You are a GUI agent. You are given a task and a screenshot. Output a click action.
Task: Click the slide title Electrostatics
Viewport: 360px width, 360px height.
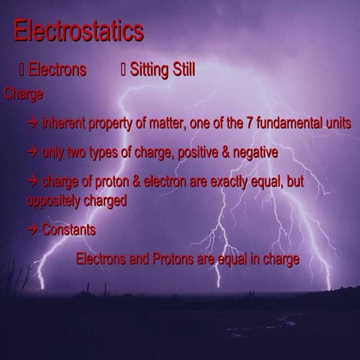(78, 31)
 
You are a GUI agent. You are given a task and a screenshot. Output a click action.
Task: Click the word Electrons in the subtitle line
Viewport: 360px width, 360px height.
(57, 70)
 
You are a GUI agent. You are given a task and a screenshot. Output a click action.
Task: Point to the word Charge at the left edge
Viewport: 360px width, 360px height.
(23, 94)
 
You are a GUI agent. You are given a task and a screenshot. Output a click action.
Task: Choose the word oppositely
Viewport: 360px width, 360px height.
(54, 201)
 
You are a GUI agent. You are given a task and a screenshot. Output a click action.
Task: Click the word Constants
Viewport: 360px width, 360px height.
(69, 230)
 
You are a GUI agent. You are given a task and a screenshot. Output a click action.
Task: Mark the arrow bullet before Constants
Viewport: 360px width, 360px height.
(32, 230)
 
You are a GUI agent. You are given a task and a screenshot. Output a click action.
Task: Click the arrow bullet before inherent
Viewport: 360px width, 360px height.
(32, 124)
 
